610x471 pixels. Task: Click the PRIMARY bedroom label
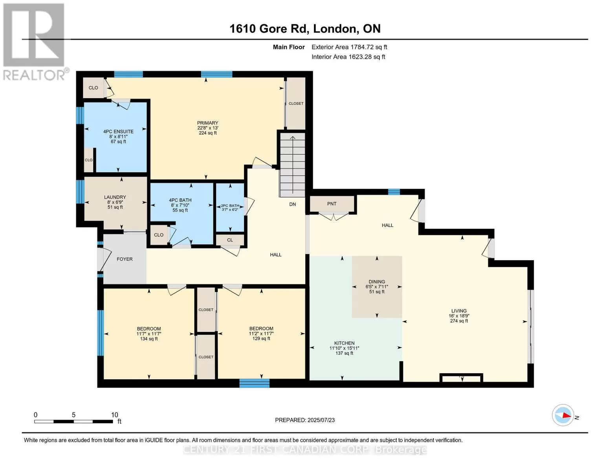pyautogui.click(x=207, y=123)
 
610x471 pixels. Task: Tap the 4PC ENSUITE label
pyautogui.click(x=118, y=131)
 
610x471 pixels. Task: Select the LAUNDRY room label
pyautogui.click(x=115, y=197)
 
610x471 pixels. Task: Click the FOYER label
pyautogui.click(x=125, y=259)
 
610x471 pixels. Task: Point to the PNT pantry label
pyautogui.click(x=332, y=204)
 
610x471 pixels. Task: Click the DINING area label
pyautogui.click(x=377, y=282)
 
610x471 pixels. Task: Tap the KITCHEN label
pyautogui.click(x=344, y=343)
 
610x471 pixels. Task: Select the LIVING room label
pyautogui.click(x=459, y=311)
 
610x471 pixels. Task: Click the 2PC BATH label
pyautogui.click(x=230, y=206)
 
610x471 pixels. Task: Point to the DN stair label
pyautogui.click(x=293, y=204)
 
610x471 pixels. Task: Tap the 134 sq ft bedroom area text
pyautogui.click(x=149, y=339)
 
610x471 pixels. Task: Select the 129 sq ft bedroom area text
pyautogui.click(x=261, y=339)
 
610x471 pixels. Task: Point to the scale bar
pyautogui.click(x=73, y=421)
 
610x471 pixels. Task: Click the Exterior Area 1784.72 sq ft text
pyautogui.click(x=349, y=47)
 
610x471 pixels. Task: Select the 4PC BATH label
pyautogui.click(x=180, y=200)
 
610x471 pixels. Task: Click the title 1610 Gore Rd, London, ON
pyautogui.click(x=305, y=29)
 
